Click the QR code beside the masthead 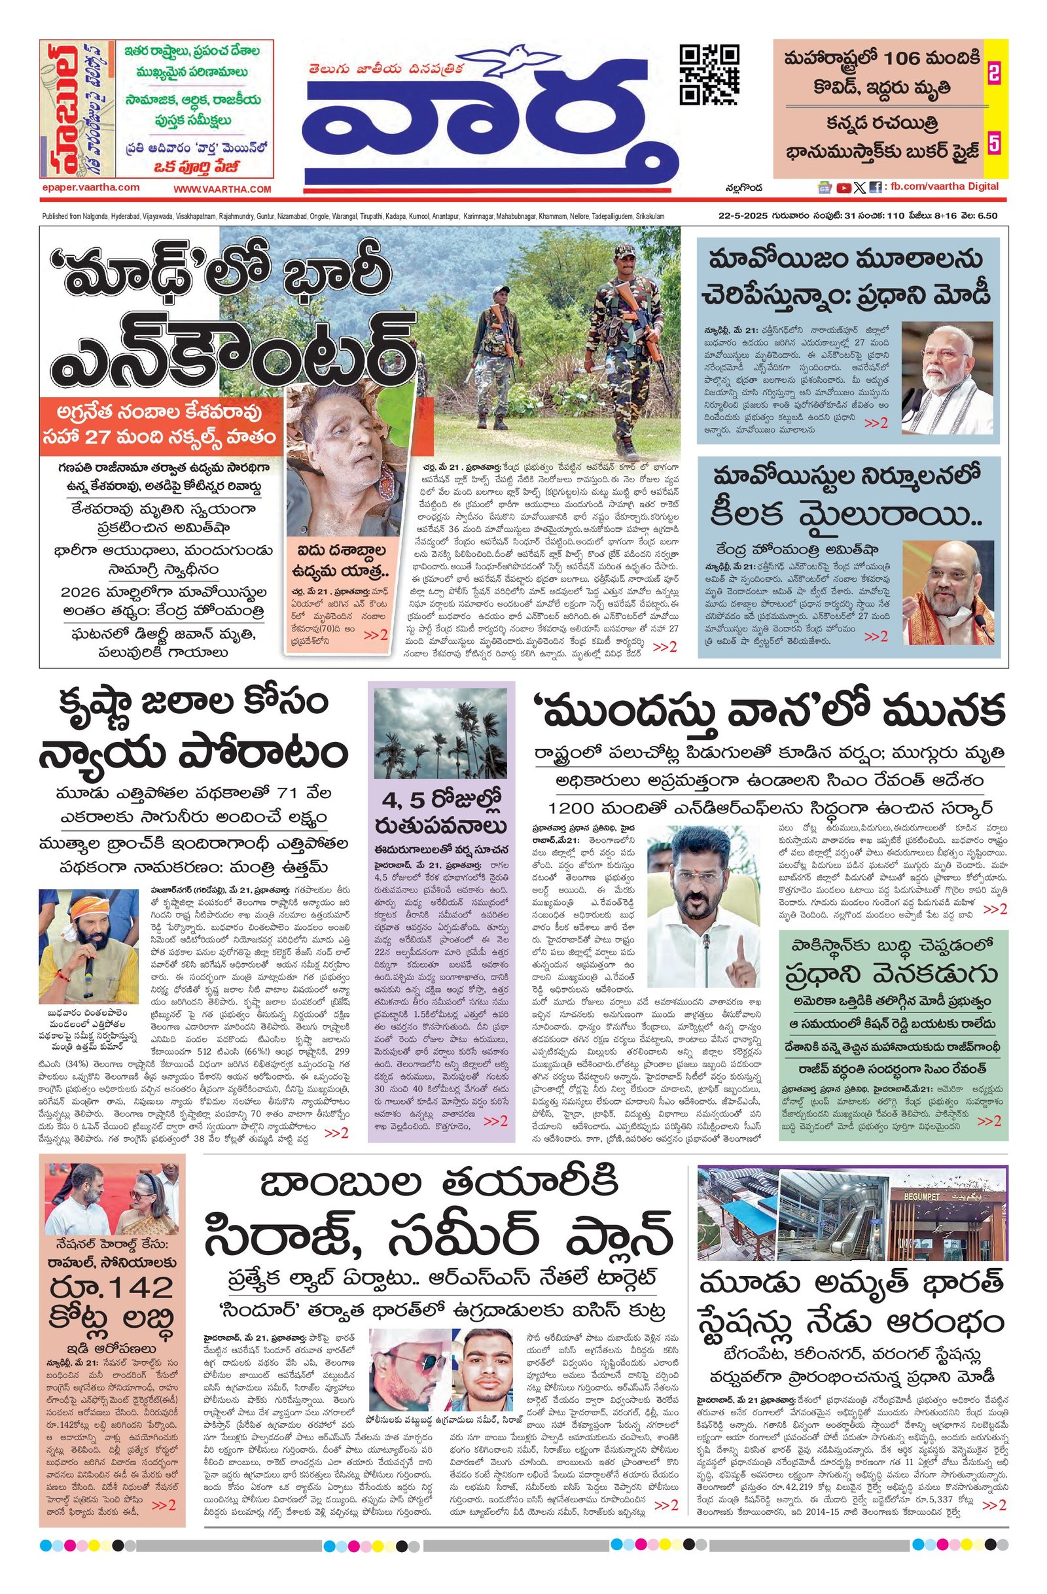point(709,75)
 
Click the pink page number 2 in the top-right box point(994,75)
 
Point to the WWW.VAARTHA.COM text point(222,190)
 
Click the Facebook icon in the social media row point(876,188)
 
